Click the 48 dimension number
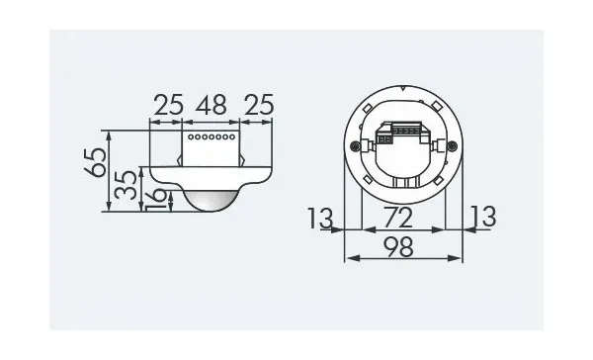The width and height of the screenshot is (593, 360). pyautogui.click(x=212, y=105)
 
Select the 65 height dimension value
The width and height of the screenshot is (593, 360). pyautogui.click(x=95, y=162)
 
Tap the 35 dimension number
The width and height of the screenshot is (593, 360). pyautogui.click(x=126, y=185)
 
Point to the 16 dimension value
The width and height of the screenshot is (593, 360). pyautogui.click(x=155, y=200)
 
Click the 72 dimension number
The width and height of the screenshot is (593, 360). pyautogui.click(x=397, y=218)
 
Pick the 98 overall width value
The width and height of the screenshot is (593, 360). pyautogui.click(x=398, y=247)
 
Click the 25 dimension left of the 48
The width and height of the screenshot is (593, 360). pyautogui.click(x=168, y=105)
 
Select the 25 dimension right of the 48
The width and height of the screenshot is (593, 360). pyautogui.click(x=259, y=105)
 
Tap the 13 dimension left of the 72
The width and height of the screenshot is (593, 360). pyautogui.click(x=320, y=218)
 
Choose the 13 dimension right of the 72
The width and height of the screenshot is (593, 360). pyautogui.click(x=483, y=217)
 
